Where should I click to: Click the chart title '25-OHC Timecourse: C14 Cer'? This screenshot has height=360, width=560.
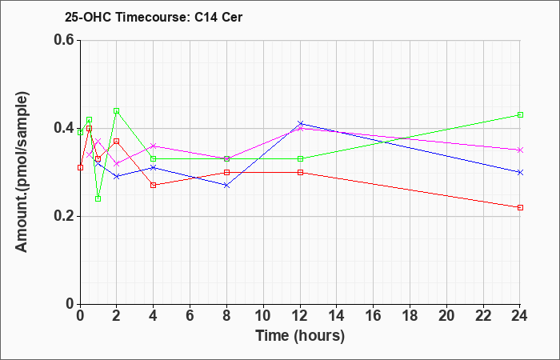point(154,17)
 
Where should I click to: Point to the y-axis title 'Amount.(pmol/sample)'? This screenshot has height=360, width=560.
point(22,172)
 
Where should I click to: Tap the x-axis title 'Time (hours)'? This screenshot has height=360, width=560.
point(300,336)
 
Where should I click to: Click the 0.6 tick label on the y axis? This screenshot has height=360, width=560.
point(64,40)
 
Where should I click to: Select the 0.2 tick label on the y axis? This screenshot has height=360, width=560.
point(64,216)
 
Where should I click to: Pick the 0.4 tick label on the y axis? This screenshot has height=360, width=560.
point(64,128)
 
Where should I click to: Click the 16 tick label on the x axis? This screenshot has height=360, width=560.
point(374,316)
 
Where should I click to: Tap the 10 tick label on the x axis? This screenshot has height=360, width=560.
point(263,316)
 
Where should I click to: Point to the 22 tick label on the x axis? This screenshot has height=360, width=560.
point(483,316)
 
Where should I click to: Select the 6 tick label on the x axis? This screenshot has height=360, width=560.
point(190,316)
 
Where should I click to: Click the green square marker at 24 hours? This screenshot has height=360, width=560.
point(520,114)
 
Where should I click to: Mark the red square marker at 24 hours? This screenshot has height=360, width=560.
point(520,207)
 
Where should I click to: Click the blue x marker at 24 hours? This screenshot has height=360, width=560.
point(520,172)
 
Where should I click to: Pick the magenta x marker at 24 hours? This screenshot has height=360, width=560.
point(520,150)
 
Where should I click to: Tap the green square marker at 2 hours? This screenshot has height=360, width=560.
point(117,110)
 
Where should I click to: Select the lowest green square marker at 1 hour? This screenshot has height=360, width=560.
point(98,198)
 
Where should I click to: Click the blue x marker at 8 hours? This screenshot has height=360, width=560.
point(226,186)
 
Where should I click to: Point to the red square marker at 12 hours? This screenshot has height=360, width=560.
point(300,172)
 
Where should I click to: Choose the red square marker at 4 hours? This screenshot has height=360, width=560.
point(154,185)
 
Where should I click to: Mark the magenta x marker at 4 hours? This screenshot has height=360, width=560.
point(154,146)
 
